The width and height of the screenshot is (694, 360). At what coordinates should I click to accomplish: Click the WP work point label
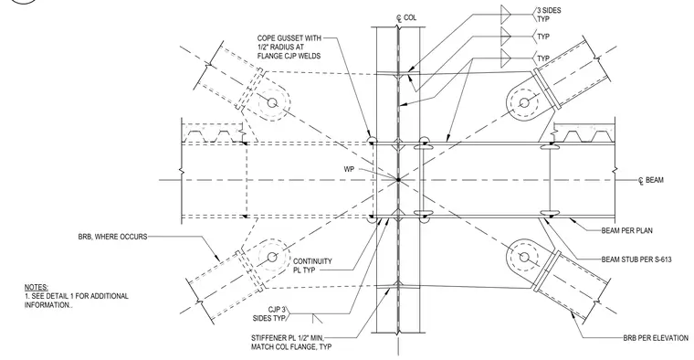(349, 169)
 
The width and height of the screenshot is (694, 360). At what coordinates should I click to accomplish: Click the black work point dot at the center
(398, 180)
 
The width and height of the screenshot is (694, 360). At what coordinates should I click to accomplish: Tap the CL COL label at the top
(406, 17)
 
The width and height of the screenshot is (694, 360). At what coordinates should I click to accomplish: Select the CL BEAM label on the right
(650, 180)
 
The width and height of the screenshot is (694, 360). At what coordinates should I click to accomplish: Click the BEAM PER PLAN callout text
(626, 230)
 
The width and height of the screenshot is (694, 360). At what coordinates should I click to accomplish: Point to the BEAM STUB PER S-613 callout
(636, 259)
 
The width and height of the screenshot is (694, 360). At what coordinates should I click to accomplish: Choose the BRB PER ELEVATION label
(656, 338)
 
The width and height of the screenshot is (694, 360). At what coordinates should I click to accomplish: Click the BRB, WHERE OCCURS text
(112, 237)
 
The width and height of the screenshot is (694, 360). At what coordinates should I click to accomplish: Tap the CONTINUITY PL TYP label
(312, 265)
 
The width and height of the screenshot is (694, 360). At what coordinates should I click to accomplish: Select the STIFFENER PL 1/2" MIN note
(291, 343)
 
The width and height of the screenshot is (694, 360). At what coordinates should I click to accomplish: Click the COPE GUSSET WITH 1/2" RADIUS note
(289, 47)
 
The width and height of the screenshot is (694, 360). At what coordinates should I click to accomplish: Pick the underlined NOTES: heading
(37, 288)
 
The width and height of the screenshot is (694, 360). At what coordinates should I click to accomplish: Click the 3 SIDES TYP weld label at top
(549, 15)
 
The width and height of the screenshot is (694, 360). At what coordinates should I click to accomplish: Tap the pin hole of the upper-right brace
(524, 102)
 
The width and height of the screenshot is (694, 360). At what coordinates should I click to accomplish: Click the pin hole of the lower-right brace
(524, 257)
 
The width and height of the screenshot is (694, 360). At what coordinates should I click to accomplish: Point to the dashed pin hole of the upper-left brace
(272, 103)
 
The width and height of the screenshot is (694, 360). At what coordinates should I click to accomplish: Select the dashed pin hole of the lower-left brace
(272, 257)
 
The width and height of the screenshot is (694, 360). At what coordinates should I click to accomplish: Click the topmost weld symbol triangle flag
(506, 15)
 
